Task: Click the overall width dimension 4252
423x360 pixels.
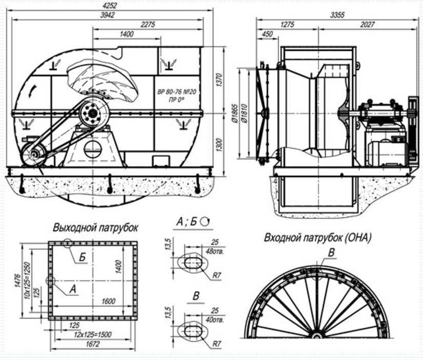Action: (x=110, y=6)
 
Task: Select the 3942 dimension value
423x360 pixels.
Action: (x=107, y=15)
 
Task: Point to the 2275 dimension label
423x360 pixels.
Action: (x=148, y=25)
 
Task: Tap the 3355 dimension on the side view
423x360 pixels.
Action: (x=337, y=15)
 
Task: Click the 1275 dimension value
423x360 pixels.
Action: (x=287, y=25)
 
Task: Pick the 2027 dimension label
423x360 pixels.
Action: (x=367, y=25)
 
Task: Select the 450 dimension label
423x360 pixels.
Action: (x=267, y=34)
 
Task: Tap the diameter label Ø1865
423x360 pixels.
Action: (x=235, y=113)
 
